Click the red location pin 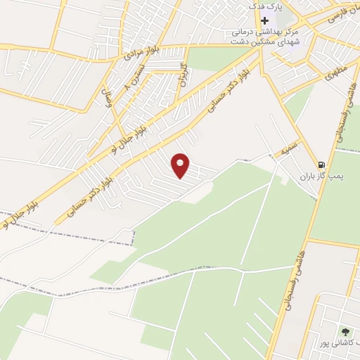point(181,165)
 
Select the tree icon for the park point(345,331)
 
